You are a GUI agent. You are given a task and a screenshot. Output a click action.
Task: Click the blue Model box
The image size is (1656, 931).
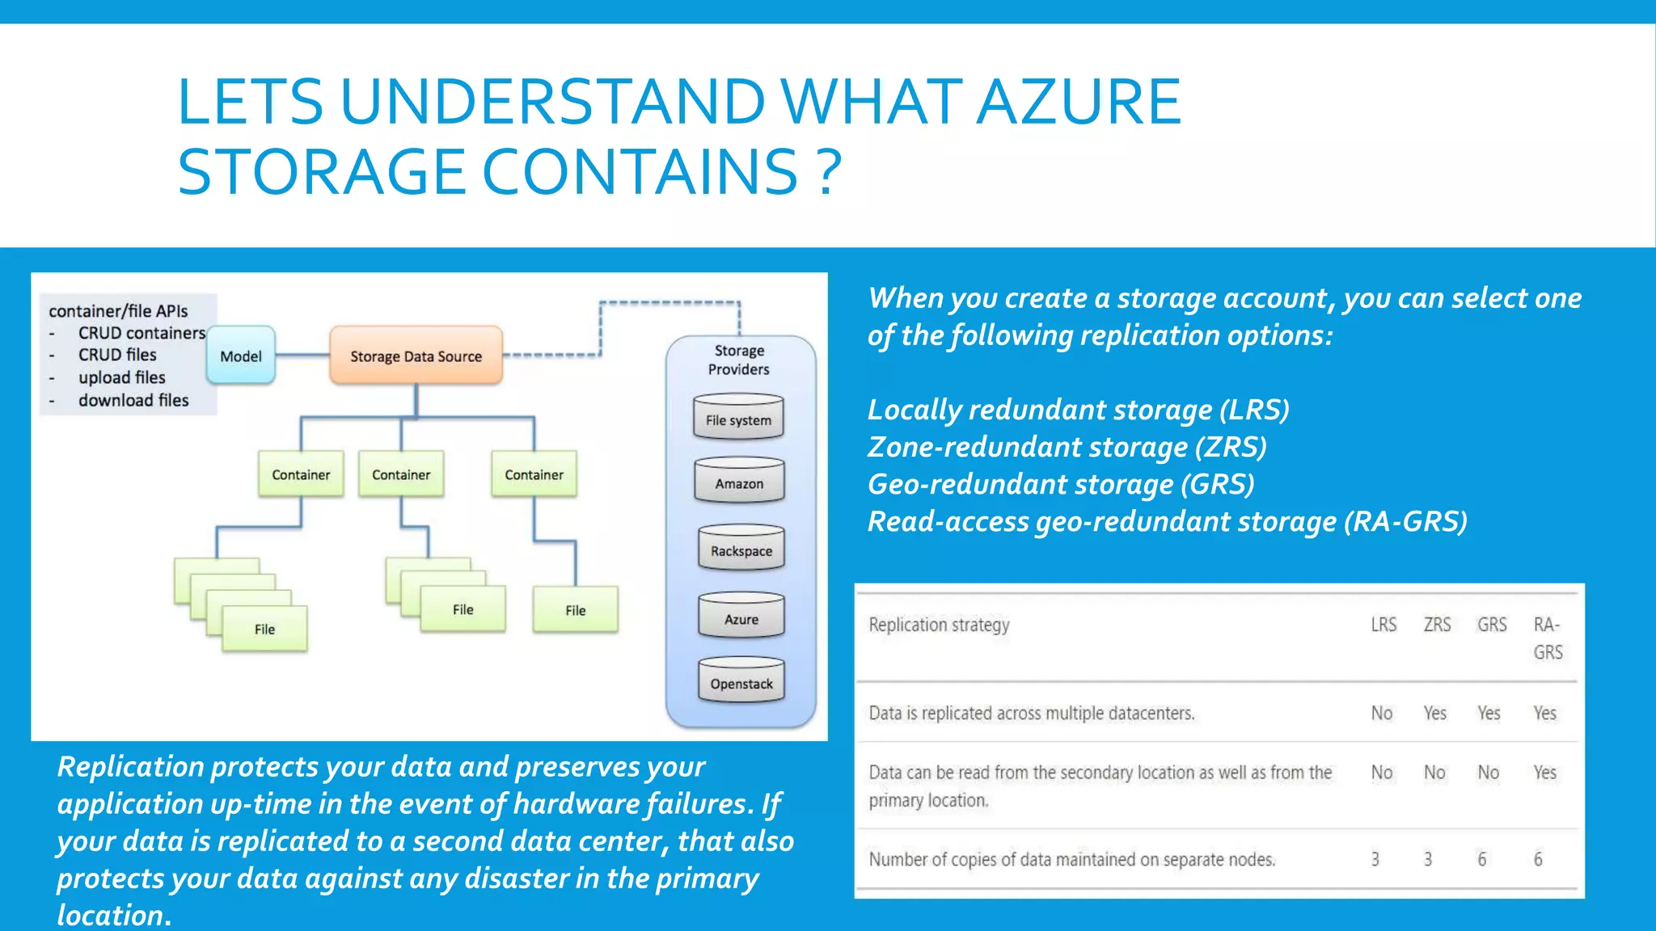241,356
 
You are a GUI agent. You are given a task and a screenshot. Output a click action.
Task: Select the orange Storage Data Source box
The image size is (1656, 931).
416,356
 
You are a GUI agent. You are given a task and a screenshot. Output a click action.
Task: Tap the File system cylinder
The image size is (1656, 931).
738,419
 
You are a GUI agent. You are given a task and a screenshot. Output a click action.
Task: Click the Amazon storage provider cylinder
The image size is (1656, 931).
739,482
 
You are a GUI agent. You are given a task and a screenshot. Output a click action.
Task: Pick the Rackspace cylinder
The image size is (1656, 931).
741,550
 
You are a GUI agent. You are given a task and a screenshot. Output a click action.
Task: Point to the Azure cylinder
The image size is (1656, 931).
741,618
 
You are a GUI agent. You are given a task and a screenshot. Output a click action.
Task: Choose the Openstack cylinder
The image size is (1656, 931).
741,682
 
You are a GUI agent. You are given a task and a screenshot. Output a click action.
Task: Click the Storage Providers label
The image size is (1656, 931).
739,360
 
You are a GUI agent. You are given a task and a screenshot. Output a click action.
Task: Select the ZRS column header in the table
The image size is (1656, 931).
1437,625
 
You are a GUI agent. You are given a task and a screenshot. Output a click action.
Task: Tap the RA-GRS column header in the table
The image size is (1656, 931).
1548,638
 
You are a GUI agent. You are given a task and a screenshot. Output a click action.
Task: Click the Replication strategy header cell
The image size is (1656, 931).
939,625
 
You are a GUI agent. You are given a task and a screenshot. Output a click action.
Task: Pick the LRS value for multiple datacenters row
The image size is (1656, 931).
1381,713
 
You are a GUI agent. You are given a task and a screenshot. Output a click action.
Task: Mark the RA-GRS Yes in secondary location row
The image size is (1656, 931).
1544,773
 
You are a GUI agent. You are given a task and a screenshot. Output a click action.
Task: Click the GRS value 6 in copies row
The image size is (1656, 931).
1481,859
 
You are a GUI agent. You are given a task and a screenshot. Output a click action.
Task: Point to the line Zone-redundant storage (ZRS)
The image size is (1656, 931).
1067,447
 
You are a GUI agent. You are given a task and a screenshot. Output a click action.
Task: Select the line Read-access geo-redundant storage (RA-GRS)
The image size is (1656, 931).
1167,521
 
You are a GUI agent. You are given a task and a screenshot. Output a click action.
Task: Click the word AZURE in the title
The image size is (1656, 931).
1079,102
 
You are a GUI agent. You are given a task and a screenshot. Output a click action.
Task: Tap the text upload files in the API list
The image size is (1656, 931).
121,377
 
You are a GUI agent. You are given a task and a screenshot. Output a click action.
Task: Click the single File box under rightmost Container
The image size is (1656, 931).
575,610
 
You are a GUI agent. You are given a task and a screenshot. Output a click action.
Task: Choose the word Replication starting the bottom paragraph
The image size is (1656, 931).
130,766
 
